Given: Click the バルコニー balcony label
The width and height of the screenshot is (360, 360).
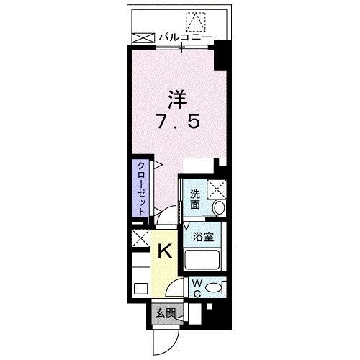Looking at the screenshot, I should pyautogui.click(x=185, y=35).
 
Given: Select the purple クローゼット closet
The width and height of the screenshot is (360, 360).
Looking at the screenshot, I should pyautogui.click(x=142, y=186).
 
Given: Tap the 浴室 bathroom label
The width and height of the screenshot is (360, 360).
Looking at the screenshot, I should pyautogui.click(x=201, y=236).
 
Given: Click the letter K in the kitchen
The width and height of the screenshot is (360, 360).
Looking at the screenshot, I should pyautogui.click(x=165, y=251).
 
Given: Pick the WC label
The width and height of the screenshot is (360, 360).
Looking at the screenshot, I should pyautogui.click(x=194, y=287).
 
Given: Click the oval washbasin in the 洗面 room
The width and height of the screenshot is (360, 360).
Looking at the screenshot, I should pyautogui.click(x=219, y=207).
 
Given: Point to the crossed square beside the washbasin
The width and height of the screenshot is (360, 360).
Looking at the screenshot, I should pyautogui.click(x=217, y=189).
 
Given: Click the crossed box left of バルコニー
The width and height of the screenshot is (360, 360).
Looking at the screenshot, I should pyautogui.click(x=143, y=35).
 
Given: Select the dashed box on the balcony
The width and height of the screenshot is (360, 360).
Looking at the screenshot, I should pyautogui.click(x=195, y=21).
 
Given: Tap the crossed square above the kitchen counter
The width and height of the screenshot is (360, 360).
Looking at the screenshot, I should pyautogui.click(x=139, y=237).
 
